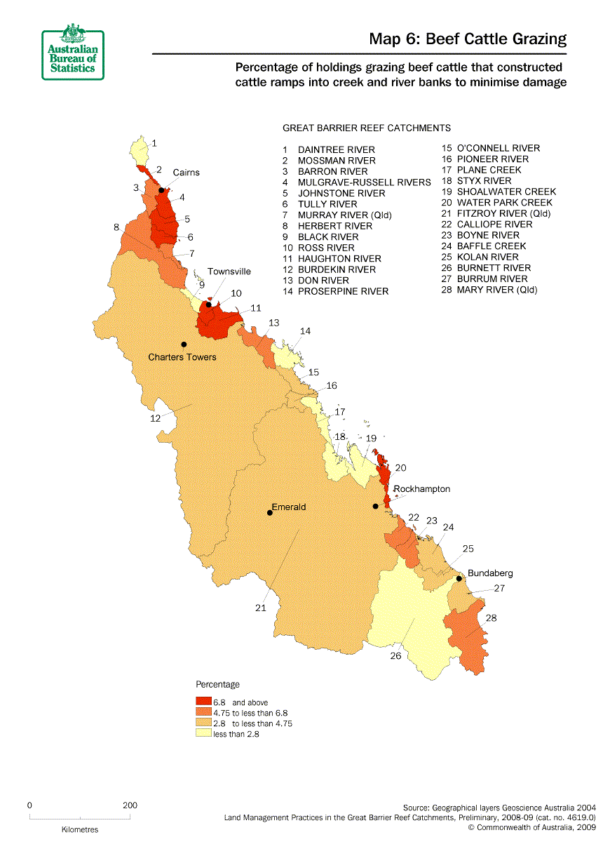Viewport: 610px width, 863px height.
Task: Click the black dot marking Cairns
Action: pyautogui.click(x=161, y=190)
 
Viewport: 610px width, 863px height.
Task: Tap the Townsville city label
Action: pyautogui.click(x=229, y=272)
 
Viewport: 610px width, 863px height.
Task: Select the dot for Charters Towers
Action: pyautogui.click(x=184, y=344)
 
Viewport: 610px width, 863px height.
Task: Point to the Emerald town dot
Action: pyautogui.click(x=270, y=513)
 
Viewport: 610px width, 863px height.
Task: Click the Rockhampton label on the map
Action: pyautogui.click(x=421, y=489)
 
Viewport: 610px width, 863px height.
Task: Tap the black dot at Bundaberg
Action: pyautogui.click(x=459, y=579)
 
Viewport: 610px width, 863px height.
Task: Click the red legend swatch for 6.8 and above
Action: pyautogui.click(x=203, y=702)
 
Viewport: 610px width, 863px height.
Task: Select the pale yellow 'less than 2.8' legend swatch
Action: pyautogui.click(x=203, y=734)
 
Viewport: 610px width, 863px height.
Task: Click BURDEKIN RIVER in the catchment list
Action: pyautogui.click(x=336, y=269)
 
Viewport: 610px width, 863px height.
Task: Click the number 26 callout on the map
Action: pyautogui.click(x=395, y=657)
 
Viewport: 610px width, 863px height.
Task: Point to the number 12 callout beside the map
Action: pyautogui.click(x=156, y=418)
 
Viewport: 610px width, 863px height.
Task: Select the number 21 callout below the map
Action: pyautogui.click(x=261, y=608)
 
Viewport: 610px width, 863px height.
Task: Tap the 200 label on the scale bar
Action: pyautogui.click(x=130, y=805)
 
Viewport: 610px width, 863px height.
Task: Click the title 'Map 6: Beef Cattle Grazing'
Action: pyautogui.click(x=468, y=39)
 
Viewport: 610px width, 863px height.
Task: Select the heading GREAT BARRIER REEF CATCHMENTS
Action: pyautogui.click(x=366, y=128)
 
